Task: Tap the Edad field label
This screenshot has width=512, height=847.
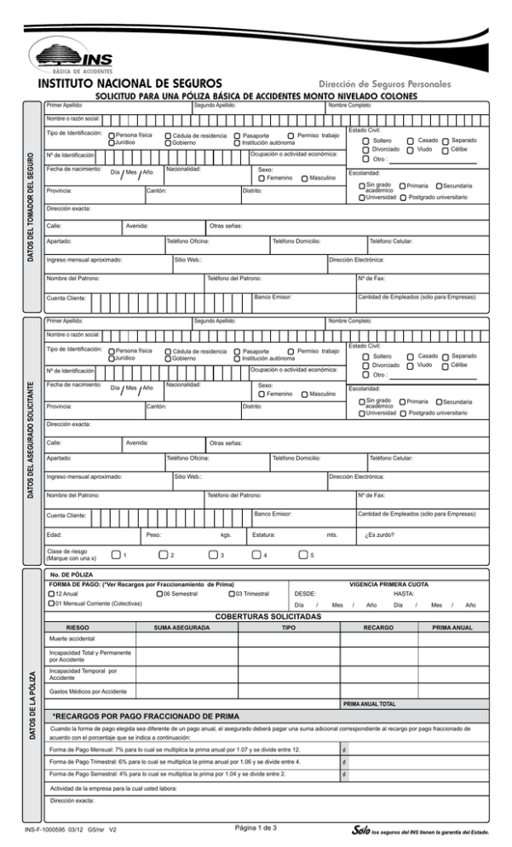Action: tap(55, 535)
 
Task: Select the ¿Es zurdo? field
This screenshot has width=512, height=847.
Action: tap(377, 535)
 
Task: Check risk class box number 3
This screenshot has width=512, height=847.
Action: tap(210, 556)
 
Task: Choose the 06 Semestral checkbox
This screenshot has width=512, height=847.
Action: tap(160, 617)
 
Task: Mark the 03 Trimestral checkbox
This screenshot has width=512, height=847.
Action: tap(232, 617)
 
